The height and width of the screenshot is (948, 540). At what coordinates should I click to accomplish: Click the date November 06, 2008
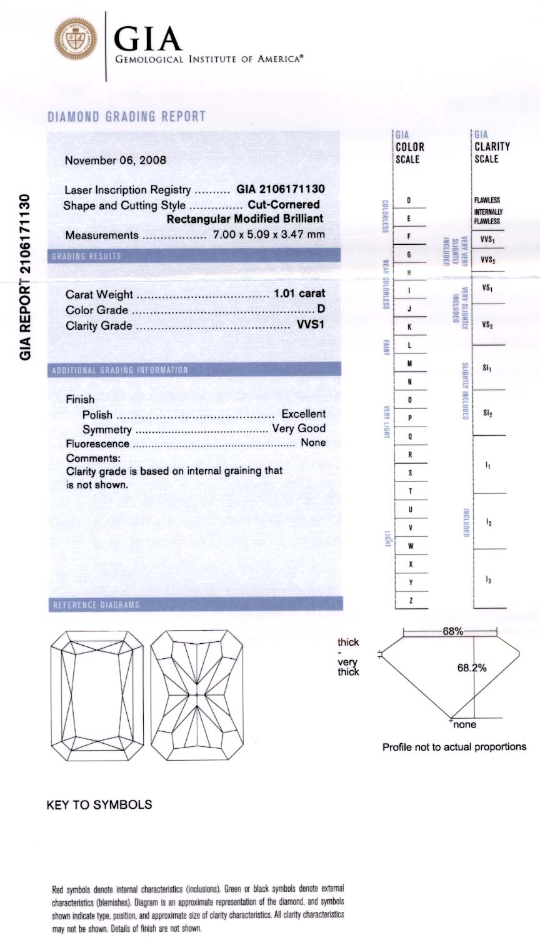coord(116,160)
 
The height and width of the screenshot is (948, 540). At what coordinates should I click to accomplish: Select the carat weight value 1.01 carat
coord(300,294)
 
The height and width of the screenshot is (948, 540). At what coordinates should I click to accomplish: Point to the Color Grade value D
coord(321,310)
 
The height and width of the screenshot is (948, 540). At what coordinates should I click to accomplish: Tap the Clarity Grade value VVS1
coord(311,325)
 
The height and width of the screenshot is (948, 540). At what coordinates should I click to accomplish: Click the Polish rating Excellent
coord(303,414)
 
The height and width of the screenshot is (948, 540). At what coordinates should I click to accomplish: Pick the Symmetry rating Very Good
coord(299,428)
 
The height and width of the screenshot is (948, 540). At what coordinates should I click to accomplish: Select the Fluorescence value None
coord(313,443)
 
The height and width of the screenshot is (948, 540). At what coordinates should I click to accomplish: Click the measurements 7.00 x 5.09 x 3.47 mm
coord(269,235)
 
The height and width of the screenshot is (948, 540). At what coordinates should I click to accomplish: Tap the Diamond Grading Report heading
coord(126,117)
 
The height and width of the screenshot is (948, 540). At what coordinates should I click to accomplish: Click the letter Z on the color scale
coord(409,601)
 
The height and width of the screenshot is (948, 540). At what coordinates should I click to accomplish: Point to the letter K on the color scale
coord(409,327)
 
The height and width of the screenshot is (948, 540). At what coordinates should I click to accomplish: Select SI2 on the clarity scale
coord(487,413)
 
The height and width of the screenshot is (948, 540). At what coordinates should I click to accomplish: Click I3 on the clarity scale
coord(487,580)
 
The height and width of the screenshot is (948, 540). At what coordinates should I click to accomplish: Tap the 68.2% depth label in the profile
coord(472,668)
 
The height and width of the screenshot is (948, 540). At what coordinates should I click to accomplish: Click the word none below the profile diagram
coord(464,725)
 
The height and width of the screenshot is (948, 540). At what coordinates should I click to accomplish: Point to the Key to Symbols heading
coord(99,805)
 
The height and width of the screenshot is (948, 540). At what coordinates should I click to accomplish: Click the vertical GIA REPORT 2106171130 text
coord(26,277)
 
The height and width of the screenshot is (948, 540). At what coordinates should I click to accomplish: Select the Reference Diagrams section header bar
coord(195,605)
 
